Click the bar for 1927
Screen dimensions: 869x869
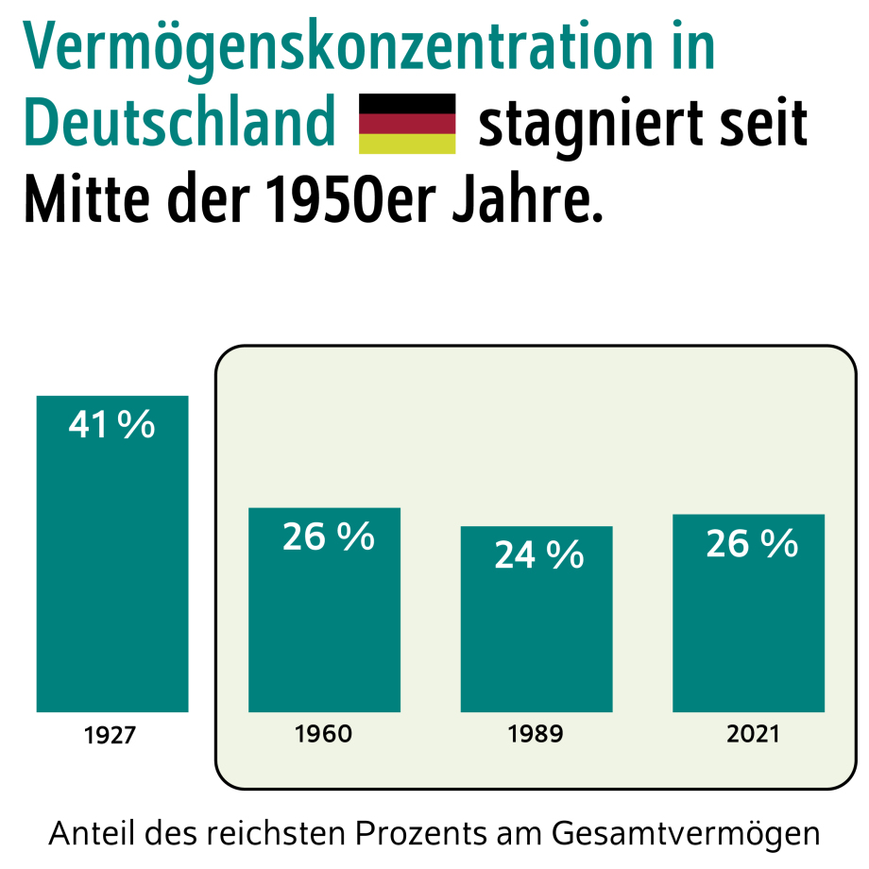point(112,567)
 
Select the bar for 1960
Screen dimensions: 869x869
point(324,623)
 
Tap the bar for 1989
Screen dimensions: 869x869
point(537,633)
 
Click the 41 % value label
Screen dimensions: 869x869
point(112,426)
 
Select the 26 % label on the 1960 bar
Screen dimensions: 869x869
point(329,537)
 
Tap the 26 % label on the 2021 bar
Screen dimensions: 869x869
point(752,544)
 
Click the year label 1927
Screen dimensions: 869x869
point(110,735)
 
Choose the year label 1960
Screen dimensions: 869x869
point(324,734)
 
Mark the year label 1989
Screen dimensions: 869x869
point(536,734)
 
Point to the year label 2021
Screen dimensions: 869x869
point(753,734)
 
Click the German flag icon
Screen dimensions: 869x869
point(407,124)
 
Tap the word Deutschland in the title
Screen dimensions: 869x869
point(179,124)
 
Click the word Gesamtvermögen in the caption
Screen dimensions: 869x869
point(686,835)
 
